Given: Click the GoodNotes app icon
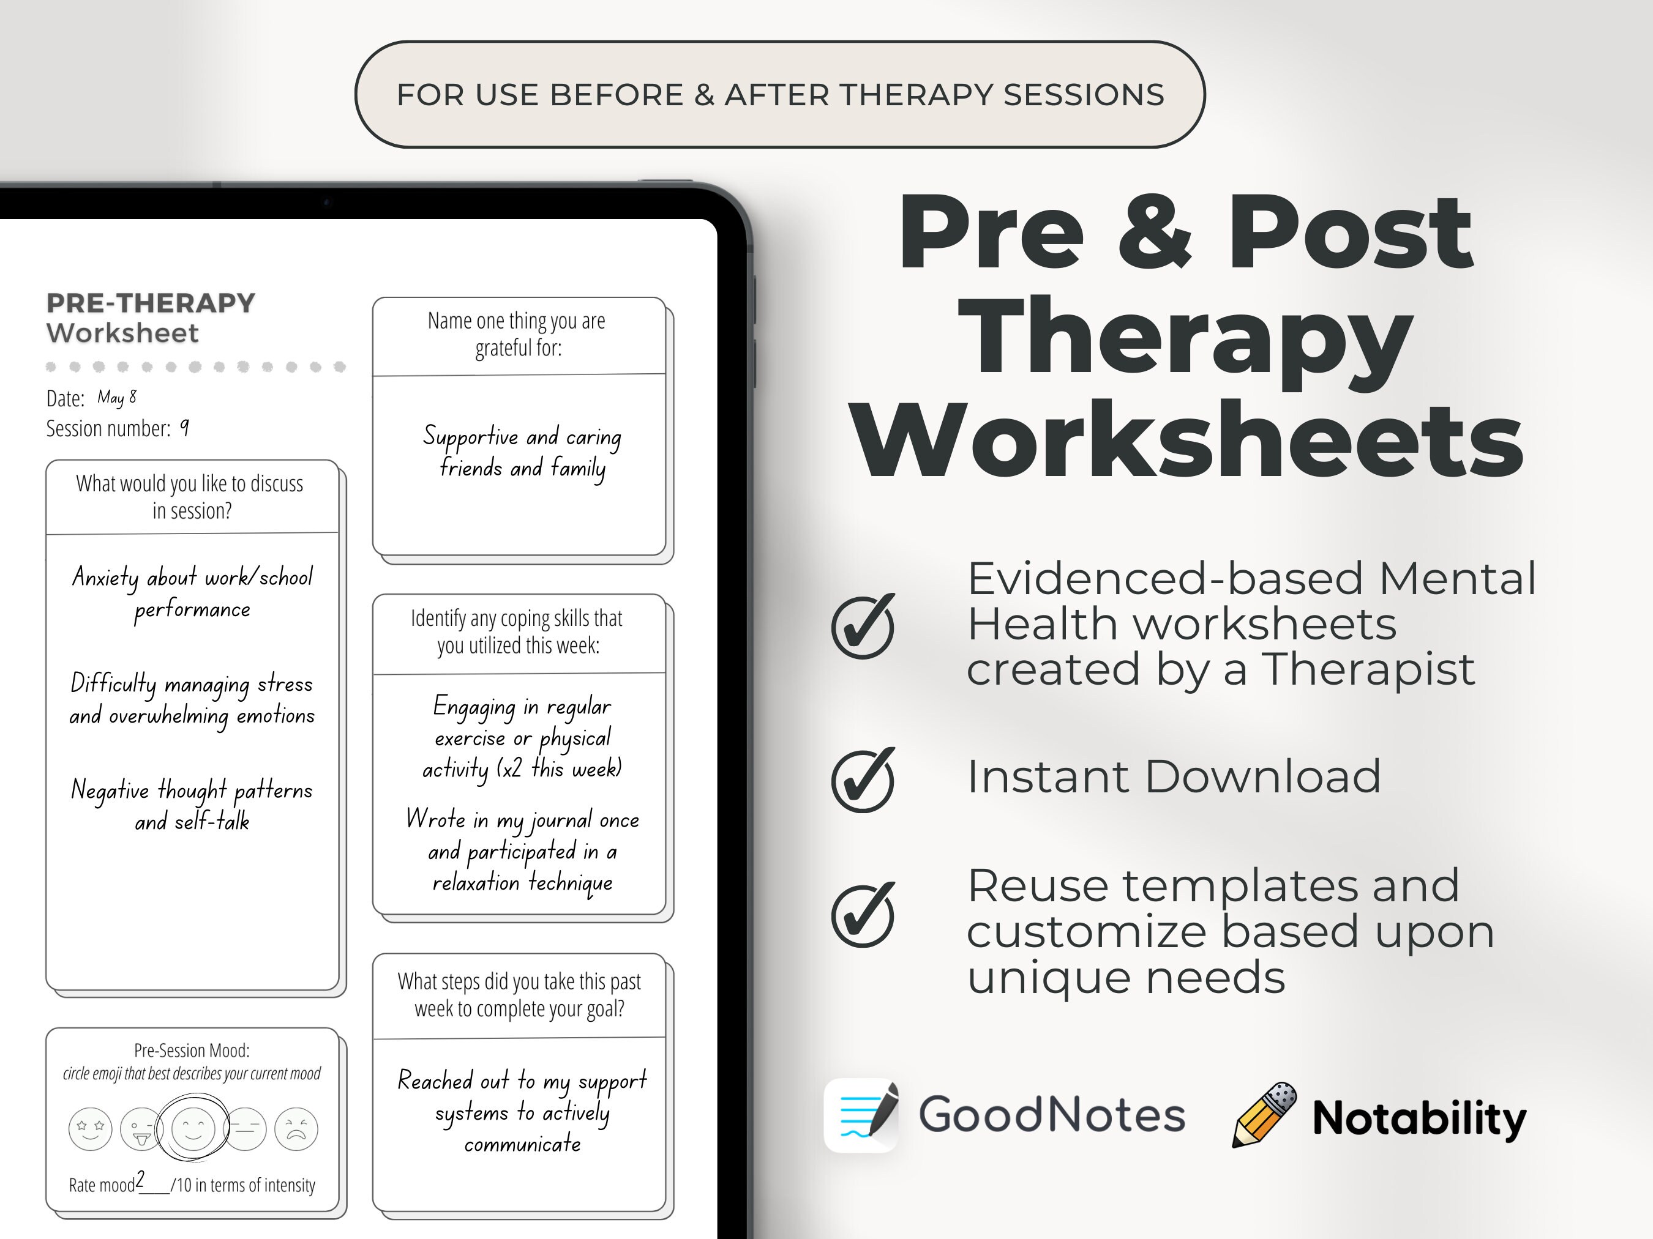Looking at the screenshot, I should (861, 1115).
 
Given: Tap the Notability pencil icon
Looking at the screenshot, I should (1264, 1115).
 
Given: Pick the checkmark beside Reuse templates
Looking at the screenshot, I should (863, 915).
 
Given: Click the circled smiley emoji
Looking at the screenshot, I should (193, 1128).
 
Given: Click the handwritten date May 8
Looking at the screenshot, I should (116, 396).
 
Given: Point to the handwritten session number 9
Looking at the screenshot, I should (184, 427).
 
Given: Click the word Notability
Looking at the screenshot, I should (1419, 1118).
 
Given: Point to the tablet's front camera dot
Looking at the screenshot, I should (326, 202).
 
